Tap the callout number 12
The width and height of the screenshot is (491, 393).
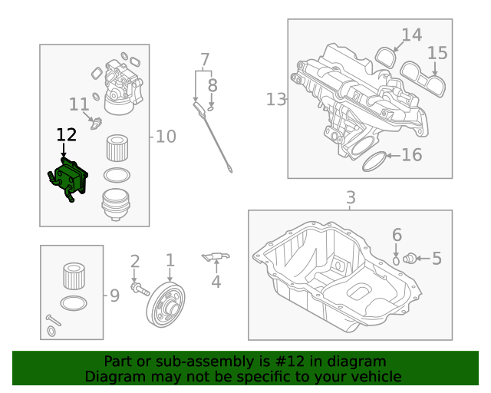click(67, 135)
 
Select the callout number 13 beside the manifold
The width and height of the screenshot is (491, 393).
click(275, 99)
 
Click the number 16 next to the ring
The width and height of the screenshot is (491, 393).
click(412, 155)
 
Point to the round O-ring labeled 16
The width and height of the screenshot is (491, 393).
click(374, 162)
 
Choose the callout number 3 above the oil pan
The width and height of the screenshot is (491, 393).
click(351, 197)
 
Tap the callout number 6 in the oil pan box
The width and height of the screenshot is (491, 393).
click(397, 235)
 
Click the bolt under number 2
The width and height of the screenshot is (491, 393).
click(140, 290)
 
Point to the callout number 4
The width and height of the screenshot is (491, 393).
click(216, 282)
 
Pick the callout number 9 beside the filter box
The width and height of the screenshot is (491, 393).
click(114, 295)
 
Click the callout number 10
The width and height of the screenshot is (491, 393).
click(166, 137)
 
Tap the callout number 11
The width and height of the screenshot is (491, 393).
click(79, 104)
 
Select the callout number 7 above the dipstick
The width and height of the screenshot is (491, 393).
click(205, 59)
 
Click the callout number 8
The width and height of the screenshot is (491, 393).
click(213, 85)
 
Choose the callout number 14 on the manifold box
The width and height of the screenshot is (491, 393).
click(412, 35)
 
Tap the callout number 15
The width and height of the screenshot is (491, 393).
click(437, 53)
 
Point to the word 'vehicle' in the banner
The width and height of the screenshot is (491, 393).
click(374, 376)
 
